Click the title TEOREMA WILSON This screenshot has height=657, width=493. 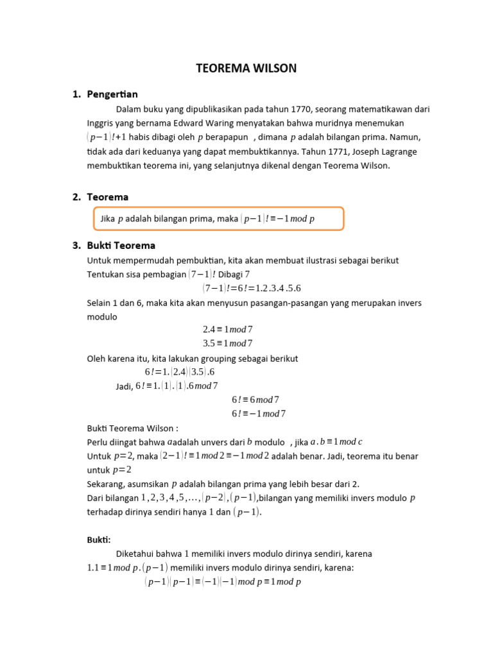pos(246,68)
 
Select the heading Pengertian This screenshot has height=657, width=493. pos(112,94)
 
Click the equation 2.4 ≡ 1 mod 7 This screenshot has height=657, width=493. pos(228,329)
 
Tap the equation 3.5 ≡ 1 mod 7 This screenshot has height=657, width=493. pos(228,343)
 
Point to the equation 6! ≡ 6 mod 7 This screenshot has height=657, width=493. pos(258,400)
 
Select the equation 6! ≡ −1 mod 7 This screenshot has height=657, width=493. pos(258,414)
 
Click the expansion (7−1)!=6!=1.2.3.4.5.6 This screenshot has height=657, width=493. pos(252,288)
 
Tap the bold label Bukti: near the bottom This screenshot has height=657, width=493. pos(99,540)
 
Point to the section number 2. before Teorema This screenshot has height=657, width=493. pos(76,197)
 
